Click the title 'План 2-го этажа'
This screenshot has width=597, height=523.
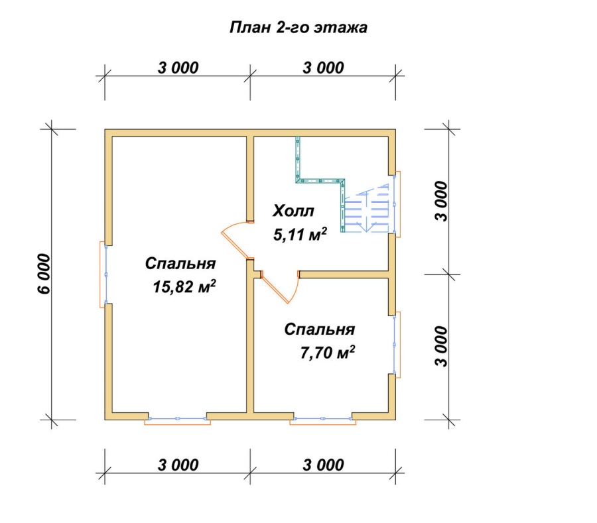298,28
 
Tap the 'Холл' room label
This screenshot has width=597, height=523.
293,211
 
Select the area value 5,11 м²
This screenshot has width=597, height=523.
300,235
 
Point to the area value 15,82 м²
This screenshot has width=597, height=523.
184,286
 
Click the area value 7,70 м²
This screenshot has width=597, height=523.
328,352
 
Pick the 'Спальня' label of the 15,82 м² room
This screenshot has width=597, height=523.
180,264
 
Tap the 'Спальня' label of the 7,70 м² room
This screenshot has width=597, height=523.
320,329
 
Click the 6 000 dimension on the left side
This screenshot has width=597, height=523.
44,274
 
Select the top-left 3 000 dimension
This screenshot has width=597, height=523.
178,68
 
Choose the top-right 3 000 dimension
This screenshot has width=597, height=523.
324,68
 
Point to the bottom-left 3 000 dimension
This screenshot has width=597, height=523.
178,465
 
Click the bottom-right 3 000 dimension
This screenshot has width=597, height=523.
324,465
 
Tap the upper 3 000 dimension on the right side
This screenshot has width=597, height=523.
442,202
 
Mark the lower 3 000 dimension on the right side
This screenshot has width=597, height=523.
442,346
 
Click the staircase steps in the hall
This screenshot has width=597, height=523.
366,208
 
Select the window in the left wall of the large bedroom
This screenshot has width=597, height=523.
103,274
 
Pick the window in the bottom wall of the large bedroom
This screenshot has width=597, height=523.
177,420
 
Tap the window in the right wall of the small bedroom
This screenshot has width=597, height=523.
397,345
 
